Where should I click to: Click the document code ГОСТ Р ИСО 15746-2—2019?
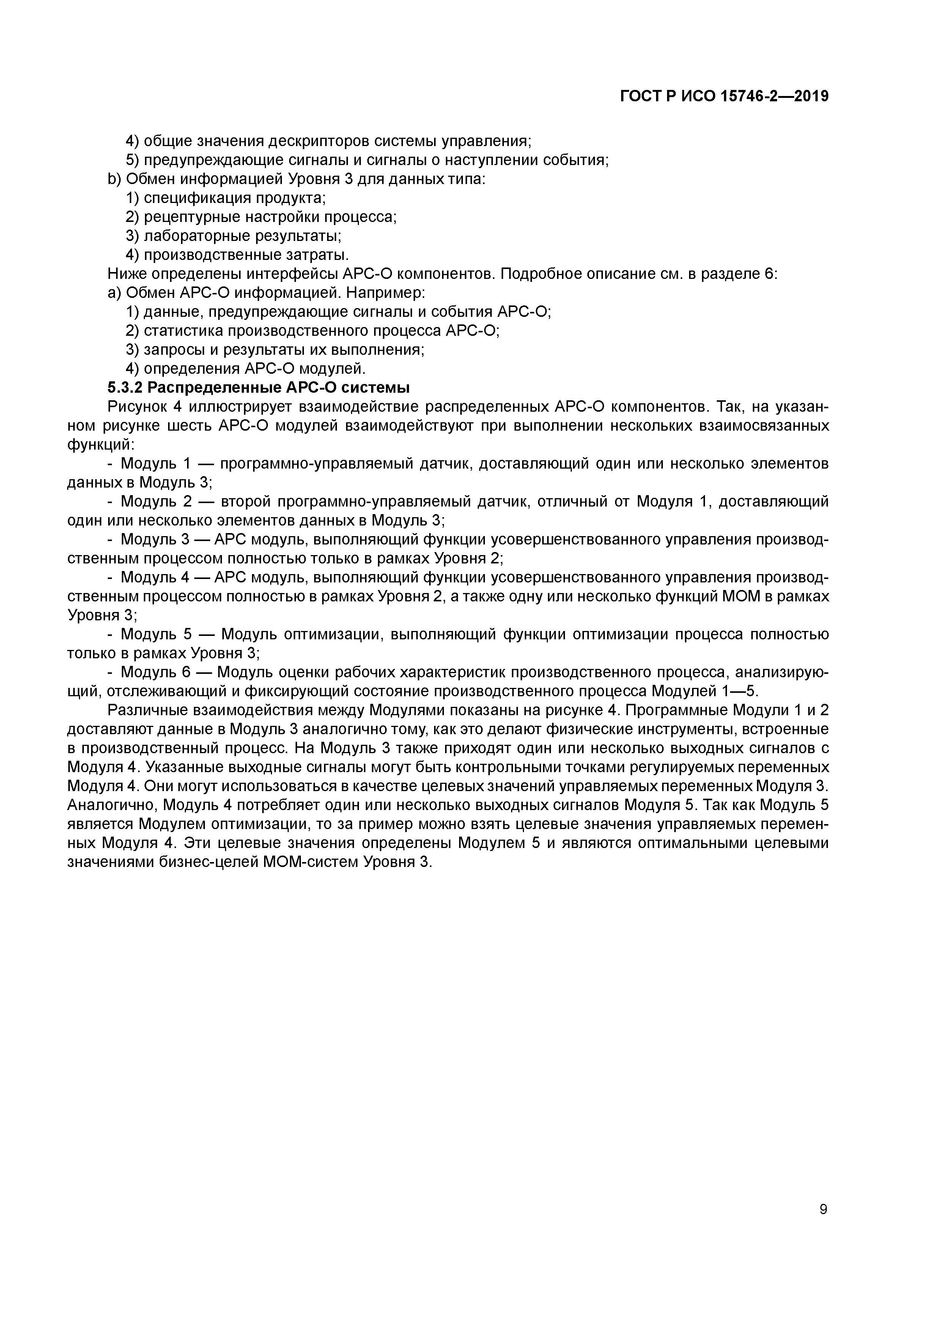pos(724,96)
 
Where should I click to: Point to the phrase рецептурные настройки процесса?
pos(270,217)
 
